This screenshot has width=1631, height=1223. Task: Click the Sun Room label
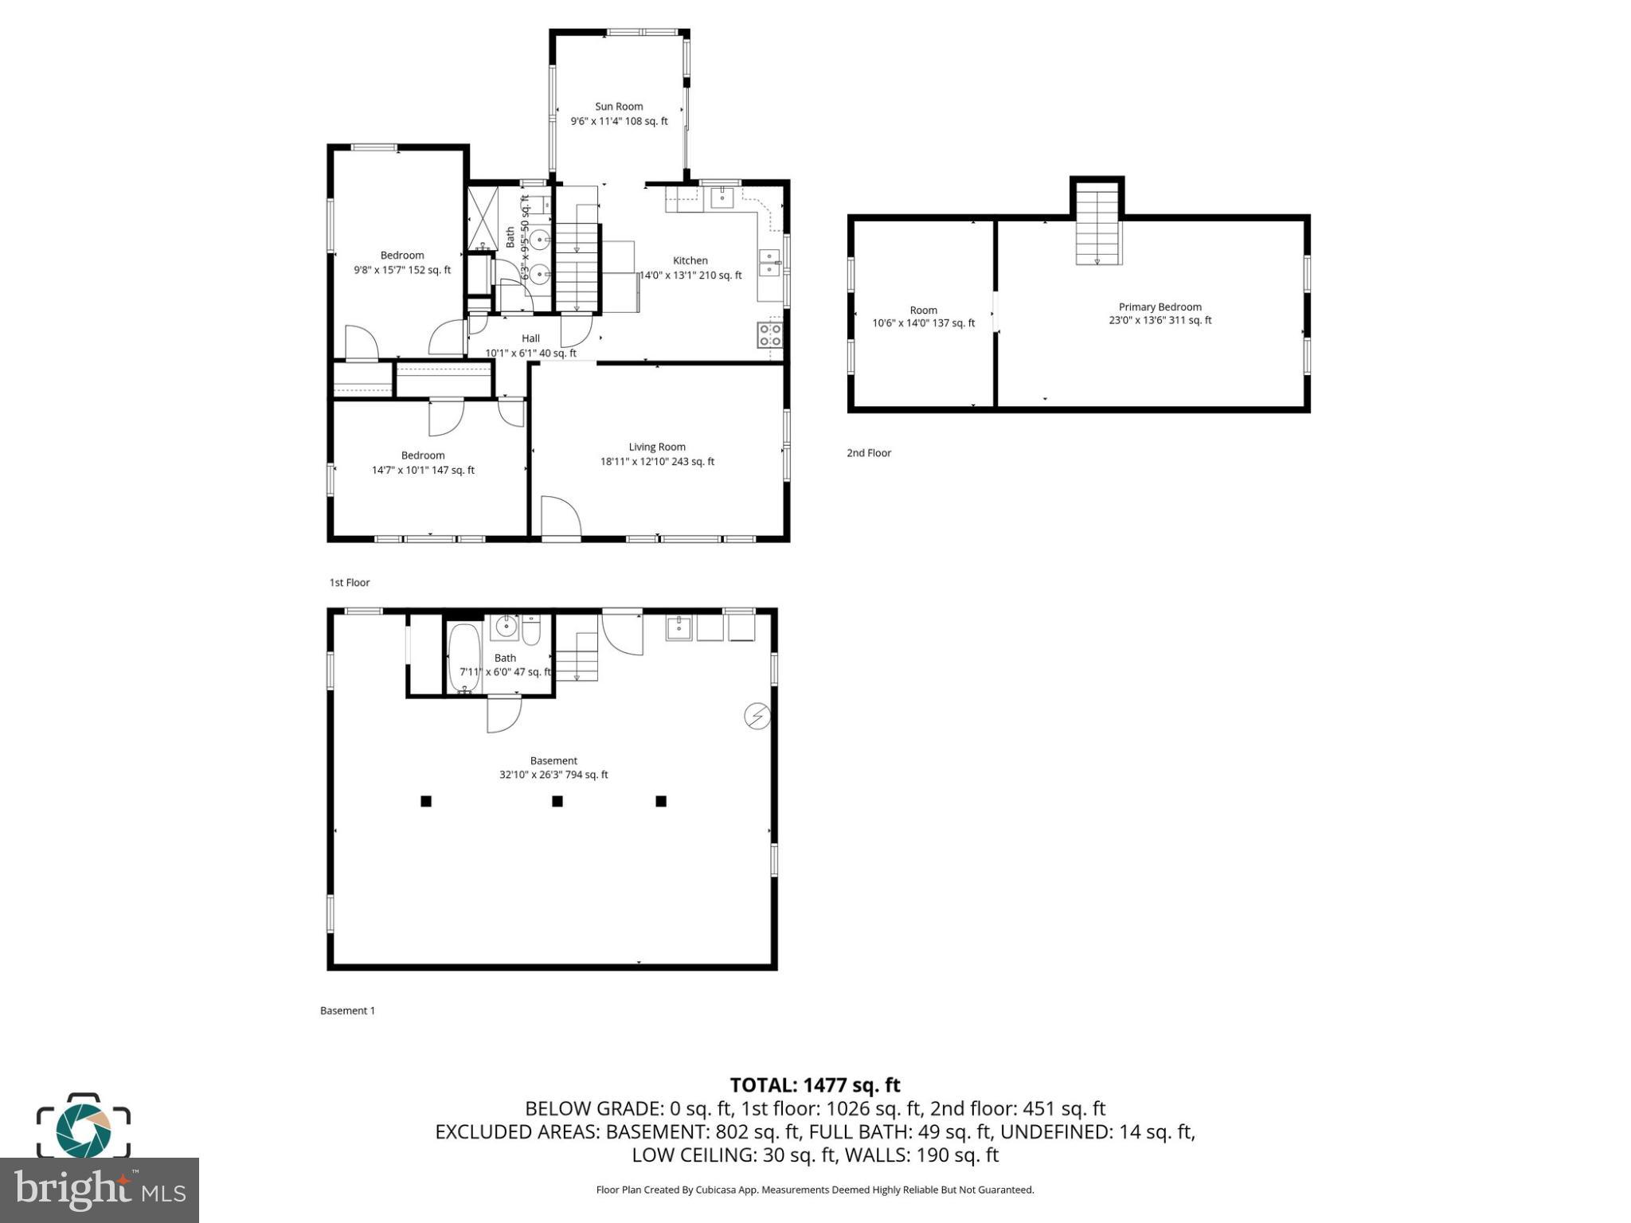tap(619, 107)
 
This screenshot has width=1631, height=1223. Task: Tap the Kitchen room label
tap(690, 260)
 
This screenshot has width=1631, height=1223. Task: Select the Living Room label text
tap(657, 447)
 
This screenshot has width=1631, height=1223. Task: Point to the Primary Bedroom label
tap(1160, 307)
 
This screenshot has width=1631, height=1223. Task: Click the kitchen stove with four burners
tap(770, 334)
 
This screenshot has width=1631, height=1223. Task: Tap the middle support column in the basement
tap(557, 801)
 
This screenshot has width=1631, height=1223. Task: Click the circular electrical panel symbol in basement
tap(757, 717)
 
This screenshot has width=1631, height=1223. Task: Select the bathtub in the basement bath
tap(464, 659)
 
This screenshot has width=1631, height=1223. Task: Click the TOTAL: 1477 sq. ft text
tap(815, 1084)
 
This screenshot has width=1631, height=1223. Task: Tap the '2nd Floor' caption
tap(868, 453)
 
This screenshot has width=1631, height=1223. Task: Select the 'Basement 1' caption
tap(347, 1010)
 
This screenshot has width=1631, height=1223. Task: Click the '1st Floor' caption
tap(350, 583)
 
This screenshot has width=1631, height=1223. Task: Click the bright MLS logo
tap(100, 1190)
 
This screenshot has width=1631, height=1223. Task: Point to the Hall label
tap(530, 338)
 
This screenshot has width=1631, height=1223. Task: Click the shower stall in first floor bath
tap(482, 217)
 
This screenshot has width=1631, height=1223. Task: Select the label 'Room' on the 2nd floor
tap(923, 311)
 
